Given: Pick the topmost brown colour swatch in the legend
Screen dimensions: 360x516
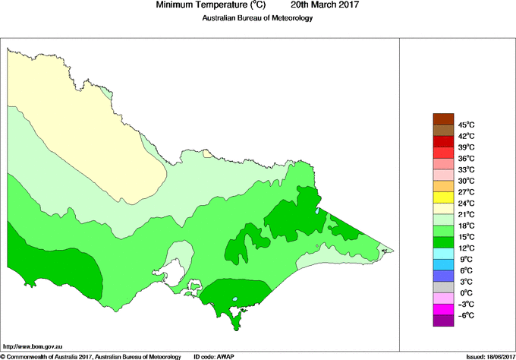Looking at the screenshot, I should (443, 118).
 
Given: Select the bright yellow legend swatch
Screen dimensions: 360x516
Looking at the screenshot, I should (443, 197).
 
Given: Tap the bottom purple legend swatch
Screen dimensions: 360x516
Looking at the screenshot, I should (443, 321).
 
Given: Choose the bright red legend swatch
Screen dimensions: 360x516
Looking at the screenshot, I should (443, 141).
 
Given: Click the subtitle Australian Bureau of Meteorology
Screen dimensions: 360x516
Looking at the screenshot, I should (257, 18).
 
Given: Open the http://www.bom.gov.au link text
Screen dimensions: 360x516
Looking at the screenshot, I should (34, 346).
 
